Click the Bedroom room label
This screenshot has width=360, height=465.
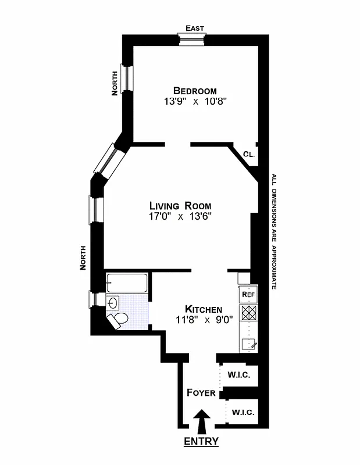pos(194,91)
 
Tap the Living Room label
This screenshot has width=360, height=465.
pos(180,206)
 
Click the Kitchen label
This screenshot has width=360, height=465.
pos(203,309)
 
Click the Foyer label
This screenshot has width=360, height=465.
pos(201,393)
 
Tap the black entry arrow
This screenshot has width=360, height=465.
pos(202,419)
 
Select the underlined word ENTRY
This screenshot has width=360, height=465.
pos(201,442)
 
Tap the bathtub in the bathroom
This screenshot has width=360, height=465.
pos(127,284)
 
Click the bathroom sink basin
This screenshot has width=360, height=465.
pos(113,302)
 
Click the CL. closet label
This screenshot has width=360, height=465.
pos(248,155)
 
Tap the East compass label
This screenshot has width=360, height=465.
pos(194,28)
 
